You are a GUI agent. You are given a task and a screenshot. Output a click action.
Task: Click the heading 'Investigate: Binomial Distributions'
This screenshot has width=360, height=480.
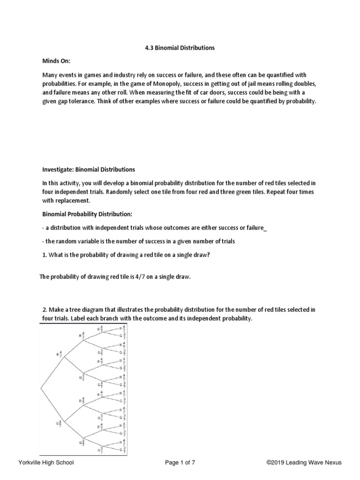pos(89,169)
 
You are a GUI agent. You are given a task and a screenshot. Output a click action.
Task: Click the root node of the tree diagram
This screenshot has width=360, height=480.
pos(42,389)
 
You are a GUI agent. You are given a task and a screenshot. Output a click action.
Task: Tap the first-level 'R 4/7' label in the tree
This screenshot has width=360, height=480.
pos(59,354)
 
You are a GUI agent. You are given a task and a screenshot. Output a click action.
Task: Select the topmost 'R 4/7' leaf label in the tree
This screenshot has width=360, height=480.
pos(122,328)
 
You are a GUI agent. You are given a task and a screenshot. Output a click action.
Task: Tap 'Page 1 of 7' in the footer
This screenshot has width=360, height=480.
pos(180,463)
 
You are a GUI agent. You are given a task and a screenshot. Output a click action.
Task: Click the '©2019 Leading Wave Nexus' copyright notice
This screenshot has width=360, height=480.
pos(304,463)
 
